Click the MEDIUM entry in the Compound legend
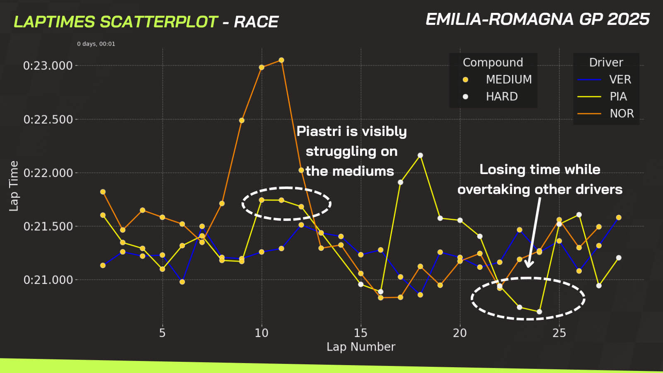coord(508,79)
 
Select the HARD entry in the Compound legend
coord(501,97)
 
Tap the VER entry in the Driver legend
coord(620,79)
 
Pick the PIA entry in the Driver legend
coord(618,97)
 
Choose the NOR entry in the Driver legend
coord(622,114)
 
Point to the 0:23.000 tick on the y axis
coord(48,65)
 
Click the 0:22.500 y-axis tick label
coord(48,119)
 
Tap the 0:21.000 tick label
coord(48,280)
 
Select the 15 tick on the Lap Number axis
coord(361,333)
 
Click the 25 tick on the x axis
coord(559,333)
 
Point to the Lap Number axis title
coord(361,347)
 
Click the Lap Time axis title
coord(14,186)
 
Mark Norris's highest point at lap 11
coord(281,60)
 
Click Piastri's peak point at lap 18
coord(420,155)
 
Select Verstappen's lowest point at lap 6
coord(182,282)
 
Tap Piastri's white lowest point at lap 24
coord(539,312)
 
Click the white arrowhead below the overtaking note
coord(529,264)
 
